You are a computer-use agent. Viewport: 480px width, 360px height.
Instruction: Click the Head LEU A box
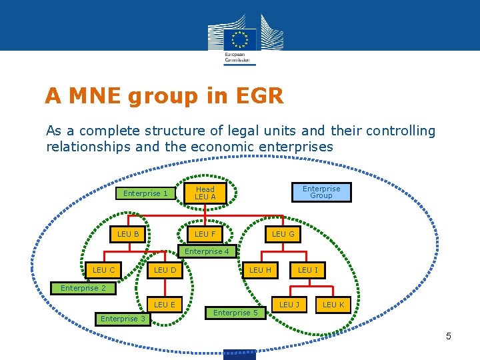click(x=205, y=193)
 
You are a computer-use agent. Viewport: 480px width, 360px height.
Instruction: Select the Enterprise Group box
click(x=321, y=192)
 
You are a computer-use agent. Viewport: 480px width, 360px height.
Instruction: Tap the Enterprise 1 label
click(x=146, y=193)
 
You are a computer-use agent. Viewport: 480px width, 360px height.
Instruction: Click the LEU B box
click(x=128, y=234)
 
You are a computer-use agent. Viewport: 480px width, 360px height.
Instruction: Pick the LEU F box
click(x=205, y=234)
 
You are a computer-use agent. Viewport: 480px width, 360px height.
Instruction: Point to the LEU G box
click(x=283, y=234)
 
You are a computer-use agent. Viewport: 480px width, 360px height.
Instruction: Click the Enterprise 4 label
click(x=207, y=251)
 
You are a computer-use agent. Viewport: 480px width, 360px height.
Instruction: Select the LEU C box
click(x=104, y=270)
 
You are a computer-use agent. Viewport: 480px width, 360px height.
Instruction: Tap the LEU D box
click(x=165, y=270)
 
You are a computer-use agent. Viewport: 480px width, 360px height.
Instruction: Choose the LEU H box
click(x=260, y=270)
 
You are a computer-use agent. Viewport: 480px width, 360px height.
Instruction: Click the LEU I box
click(x=308, y=270)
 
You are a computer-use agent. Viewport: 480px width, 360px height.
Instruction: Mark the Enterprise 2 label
click(x=83, y=288)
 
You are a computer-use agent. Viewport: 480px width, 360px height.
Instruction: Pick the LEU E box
click(x=165, y=305)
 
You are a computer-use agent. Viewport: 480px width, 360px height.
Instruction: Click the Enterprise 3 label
click(x=123, y=319)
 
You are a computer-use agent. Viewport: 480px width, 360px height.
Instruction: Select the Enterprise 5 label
click(x=236, y=313)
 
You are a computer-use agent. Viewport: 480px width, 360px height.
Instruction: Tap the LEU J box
click(x=289, y=305)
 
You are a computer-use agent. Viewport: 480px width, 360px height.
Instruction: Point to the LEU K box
click(x=333, y=305)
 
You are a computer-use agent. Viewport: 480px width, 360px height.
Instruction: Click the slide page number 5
click(x=449, y=336)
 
